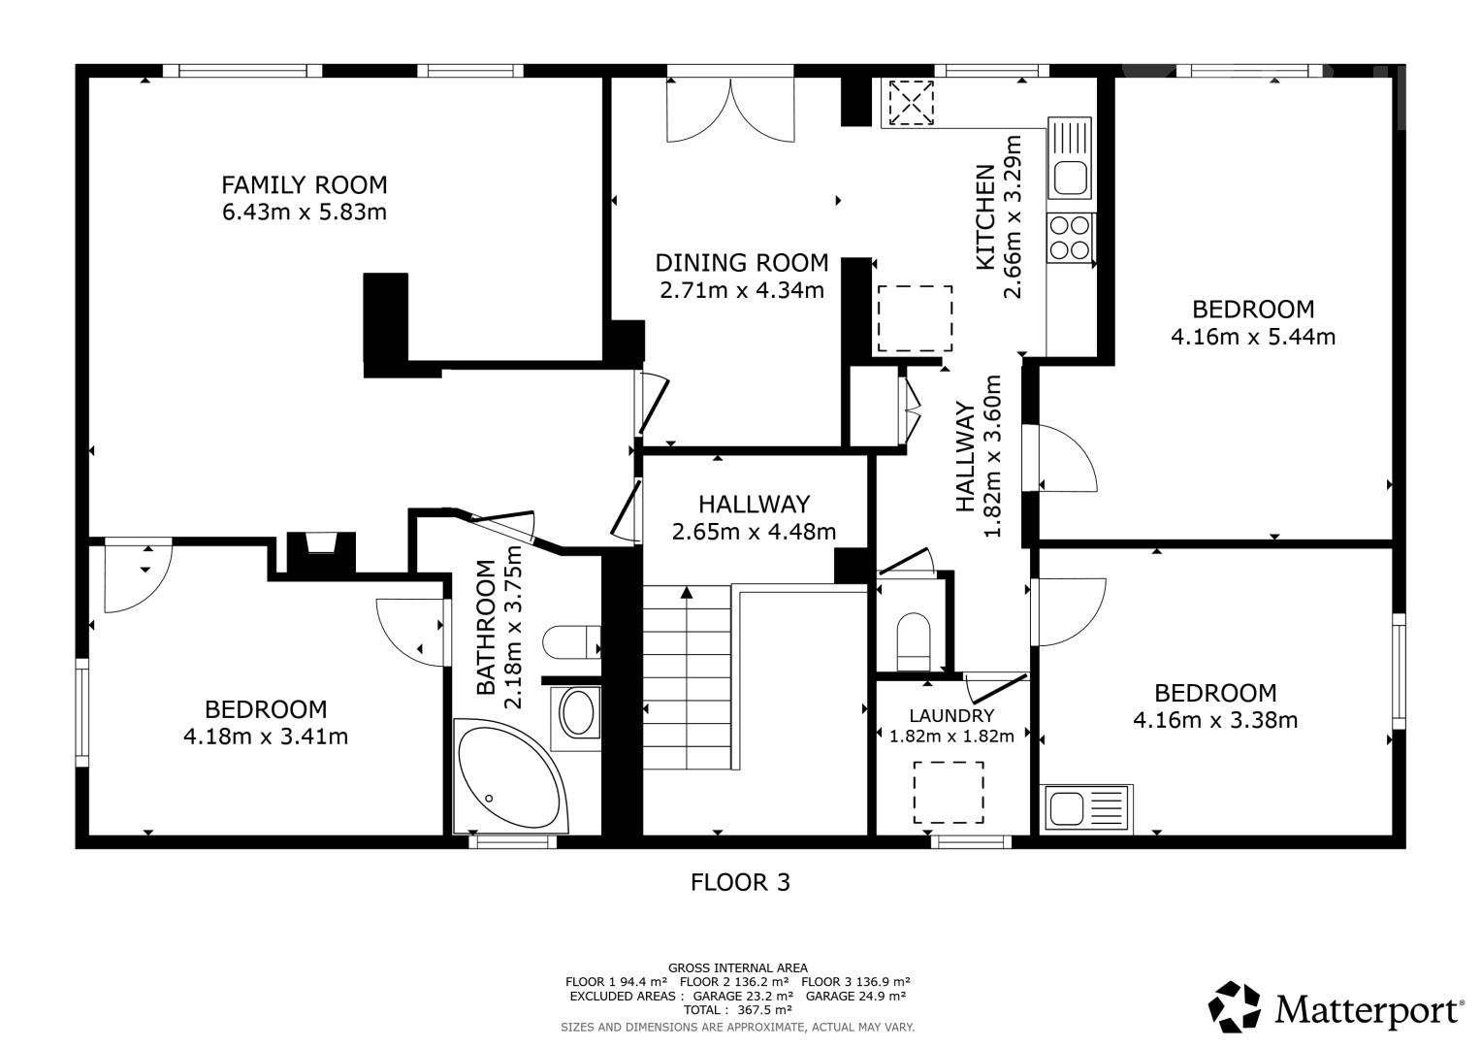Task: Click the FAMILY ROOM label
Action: (305, 184)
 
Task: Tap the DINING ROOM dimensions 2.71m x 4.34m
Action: (742, 290)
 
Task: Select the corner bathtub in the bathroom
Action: (510, 776)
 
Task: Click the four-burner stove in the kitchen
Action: (1070, 238)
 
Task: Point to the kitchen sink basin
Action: (1070, 178)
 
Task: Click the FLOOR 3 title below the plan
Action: (740, 882)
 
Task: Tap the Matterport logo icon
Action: (1234, 1006)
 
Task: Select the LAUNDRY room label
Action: (951, 715)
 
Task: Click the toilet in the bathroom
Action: (571, 641)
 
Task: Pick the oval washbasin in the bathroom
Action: (578, 714)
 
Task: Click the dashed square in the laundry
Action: (949, 792)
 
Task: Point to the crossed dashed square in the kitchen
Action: (911, 103)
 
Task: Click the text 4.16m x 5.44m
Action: (1253, 337)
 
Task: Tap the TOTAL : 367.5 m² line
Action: (738, 1009)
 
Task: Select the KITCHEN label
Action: (985, 217)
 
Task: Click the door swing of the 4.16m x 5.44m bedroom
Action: (1060, 458)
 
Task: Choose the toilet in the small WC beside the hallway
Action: (913, 641)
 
